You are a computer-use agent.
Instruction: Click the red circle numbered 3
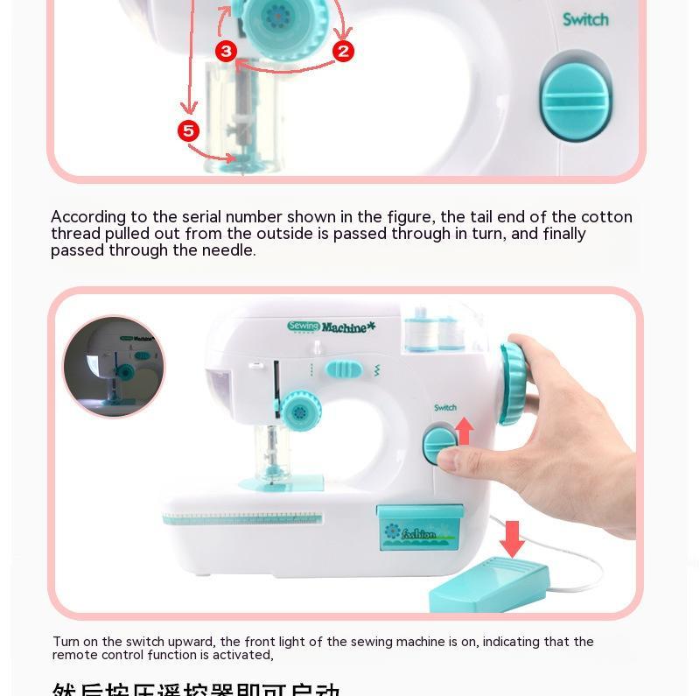pos(227,51)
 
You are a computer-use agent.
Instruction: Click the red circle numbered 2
pos(343,51)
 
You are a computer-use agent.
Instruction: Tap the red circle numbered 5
pos(189,131)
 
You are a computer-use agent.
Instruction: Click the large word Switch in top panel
pos(585,19)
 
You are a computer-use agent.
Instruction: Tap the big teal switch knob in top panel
pos(574,95)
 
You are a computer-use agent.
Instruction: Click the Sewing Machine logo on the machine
pos(331,327)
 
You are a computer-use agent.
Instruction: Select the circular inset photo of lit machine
pos(114,366)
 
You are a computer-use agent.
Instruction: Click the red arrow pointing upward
pos(465,430)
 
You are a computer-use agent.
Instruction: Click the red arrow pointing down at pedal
pos(513,537)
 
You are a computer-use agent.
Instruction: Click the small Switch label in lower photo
pos(445,408)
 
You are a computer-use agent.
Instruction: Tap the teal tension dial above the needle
pos(299,411)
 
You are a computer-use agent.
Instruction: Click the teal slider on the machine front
pos(342,369)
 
